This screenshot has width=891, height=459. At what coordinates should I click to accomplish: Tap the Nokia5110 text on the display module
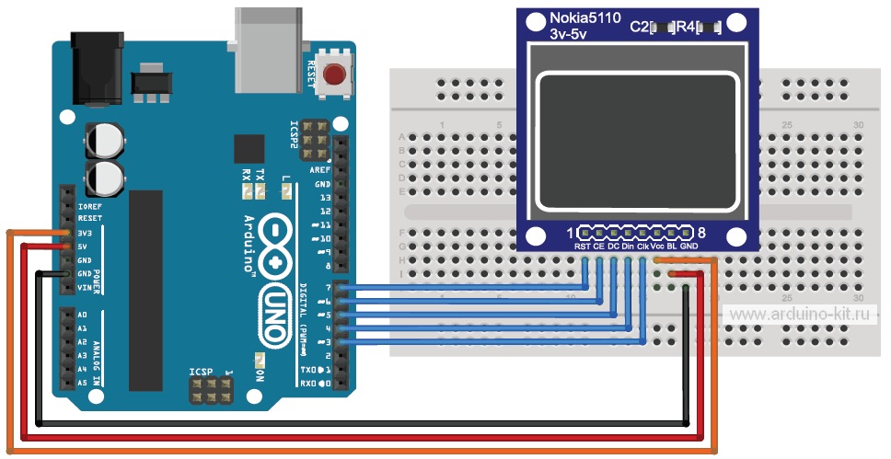(587, 18)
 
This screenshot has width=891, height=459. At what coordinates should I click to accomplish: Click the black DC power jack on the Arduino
(96, 65)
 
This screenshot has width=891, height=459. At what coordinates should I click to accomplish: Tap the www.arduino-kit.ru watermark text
(802, 315)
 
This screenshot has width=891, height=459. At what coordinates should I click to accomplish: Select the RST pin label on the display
(583, 247)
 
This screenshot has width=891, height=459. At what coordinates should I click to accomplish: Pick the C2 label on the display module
(639, 27)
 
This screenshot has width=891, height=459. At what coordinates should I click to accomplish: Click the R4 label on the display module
(685, 27)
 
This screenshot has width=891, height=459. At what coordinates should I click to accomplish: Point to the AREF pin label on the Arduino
(320, 170)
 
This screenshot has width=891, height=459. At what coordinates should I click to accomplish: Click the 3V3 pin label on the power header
(89, 233)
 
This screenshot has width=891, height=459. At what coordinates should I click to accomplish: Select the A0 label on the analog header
(83, 315)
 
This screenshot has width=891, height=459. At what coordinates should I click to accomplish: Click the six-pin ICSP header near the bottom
(210, 393)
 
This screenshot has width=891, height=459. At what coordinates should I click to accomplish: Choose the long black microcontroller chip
(146, 290)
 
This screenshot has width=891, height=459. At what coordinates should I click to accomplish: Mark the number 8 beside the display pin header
(701, 233)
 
